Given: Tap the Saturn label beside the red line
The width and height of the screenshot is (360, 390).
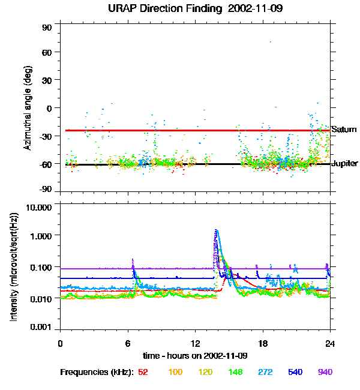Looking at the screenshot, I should point(344,130).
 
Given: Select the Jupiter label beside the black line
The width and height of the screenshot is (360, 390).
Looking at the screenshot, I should point(344,164).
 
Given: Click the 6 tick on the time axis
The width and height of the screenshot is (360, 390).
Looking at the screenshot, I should point(128,343).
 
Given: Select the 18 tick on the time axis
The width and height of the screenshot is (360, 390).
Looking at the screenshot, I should point(263,343).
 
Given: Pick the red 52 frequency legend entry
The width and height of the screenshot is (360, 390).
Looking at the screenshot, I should point(143,372).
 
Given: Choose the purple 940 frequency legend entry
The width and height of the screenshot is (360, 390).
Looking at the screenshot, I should point(325,372).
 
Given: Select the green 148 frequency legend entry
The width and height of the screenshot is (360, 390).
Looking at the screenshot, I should point(235,372).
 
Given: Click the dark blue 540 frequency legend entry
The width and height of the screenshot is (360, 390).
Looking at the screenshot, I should point(295,372).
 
